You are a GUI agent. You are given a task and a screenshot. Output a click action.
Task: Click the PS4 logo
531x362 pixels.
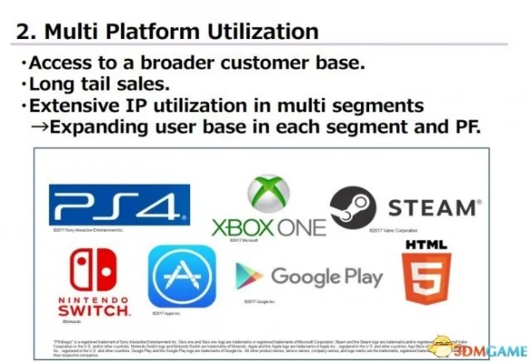[119, 205]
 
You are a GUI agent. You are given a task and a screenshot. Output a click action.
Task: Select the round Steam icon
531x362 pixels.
[352, 205]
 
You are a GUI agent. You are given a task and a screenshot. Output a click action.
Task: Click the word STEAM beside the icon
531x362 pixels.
[429, 208]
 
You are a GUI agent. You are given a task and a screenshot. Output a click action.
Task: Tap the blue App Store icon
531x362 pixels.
[182, 278]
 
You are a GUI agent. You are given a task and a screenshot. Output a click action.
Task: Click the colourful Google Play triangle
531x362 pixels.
[249, 276]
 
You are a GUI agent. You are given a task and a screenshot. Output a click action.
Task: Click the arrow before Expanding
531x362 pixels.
[39, 127]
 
